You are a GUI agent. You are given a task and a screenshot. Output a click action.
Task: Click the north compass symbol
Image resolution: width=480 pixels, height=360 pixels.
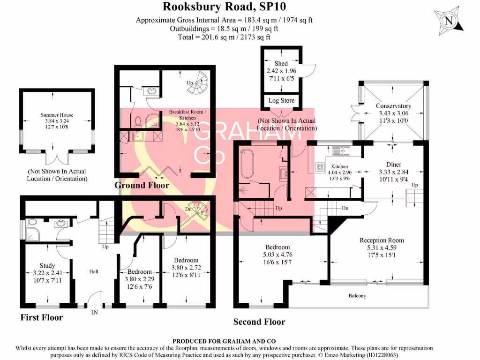tap(450, 21)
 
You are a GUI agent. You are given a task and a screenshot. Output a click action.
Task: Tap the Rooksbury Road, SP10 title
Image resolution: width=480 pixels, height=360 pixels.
tap(224, 7)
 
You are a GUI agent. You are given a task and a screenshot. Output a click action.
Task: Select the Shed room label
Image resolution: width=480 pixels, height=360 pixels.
tap(281, 63)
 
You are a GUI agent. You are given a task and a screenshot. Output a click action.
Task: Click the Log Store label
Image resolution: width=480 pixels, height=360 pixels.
tap(281, 100)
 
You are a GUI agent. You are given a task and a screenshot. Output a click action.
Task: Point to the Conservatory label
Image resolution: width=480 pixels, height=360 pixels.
tap(393, 106)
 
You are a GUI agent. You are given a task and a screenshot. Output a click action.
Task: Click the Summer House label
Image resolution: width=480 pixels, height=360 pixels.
tap(57, 115)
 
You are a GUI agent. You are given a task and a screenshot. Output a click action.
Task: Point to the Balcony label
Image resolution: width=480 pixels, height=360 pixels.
tap(357, 296)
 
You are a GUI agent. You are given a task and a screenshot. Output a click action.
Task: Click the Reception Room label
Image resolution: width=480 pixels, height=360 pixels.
tap(382, 240)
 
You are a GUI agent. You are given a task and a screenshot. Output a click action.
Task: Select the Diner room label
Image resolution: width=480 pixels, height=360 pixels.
tap(393, 164)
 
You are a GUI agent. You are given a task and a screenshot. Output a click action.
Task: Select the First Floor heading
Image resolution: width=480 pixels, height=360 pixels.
tap(41, 317)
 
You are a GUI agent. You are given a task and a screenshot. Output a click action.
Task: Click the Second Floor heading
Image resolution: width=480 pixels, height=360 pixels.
tap(259, 322)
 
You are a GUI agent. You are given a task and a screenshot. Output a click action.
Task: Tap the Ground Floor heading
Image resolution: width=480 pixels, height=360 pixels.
tap(142, 185)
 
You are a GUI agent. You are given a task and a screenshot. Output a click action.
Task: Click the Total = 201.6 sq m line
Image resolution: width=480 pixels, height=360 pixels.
tap(224, 37)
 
